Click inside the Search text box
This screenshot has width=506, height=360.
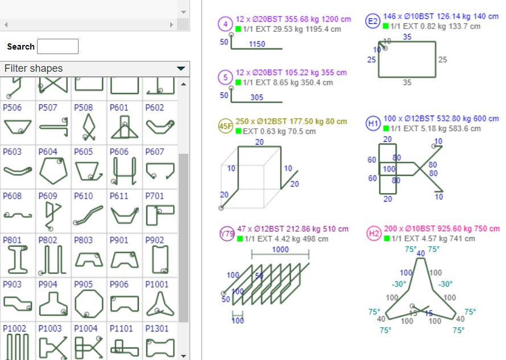tap(57, 47)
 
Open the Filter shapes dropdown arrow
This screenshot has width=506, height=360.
tap(181, 68)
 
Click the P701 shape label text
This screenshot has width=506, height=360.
tap(154, 196)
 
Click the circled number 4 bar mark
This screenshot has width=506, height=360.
tap(225, 24)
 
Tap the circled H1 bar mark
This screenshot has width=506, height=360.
tap(373, 124)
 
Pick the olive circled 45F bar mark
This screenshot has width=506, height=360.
tap(226, 126)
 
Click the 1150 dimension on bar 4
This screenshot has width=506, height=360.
tap(257, 44)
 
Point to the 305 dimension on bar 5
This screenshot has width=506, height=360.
tap(257, 97)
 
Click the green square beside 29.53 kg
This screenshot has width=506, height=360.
tap(238, 29)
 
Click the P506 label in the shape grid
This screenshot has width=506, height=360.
tap(12, 107)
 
